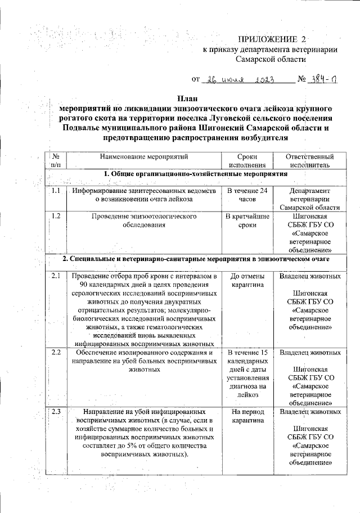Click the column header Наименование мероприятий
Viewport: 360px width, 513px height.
tap(144, 156)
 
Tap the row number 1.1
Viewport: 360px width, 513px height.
tap(55, 191)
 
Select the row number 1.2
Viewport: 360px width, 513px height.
tap(55, 216)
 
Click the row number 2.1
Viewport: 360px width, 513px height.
tap(55, 276)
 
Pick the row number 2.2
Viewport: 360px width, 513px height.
tap(55, 353)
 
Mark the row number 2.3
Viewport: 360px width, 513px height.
tap(55, 412)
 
